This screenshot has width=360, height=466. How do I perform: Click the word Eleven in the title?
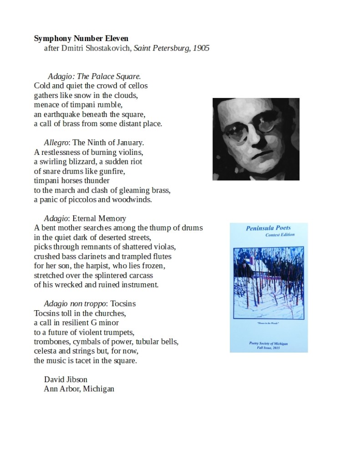pos(116,39)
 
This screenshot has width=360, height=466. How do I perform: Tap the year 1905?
pos(201,48)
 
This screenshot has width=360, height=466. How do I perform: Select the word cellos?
pos(137,86)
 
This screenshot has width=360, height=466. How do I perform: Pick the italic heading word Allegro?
pos(56,143)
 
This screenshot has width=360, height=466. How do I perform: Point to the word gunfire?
pos(112,171)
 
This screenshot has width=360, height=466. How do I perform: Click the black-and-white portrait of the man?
pos(256,139)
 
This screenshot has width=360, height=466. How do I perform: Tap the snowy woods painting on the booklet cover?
pos(268,282)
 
